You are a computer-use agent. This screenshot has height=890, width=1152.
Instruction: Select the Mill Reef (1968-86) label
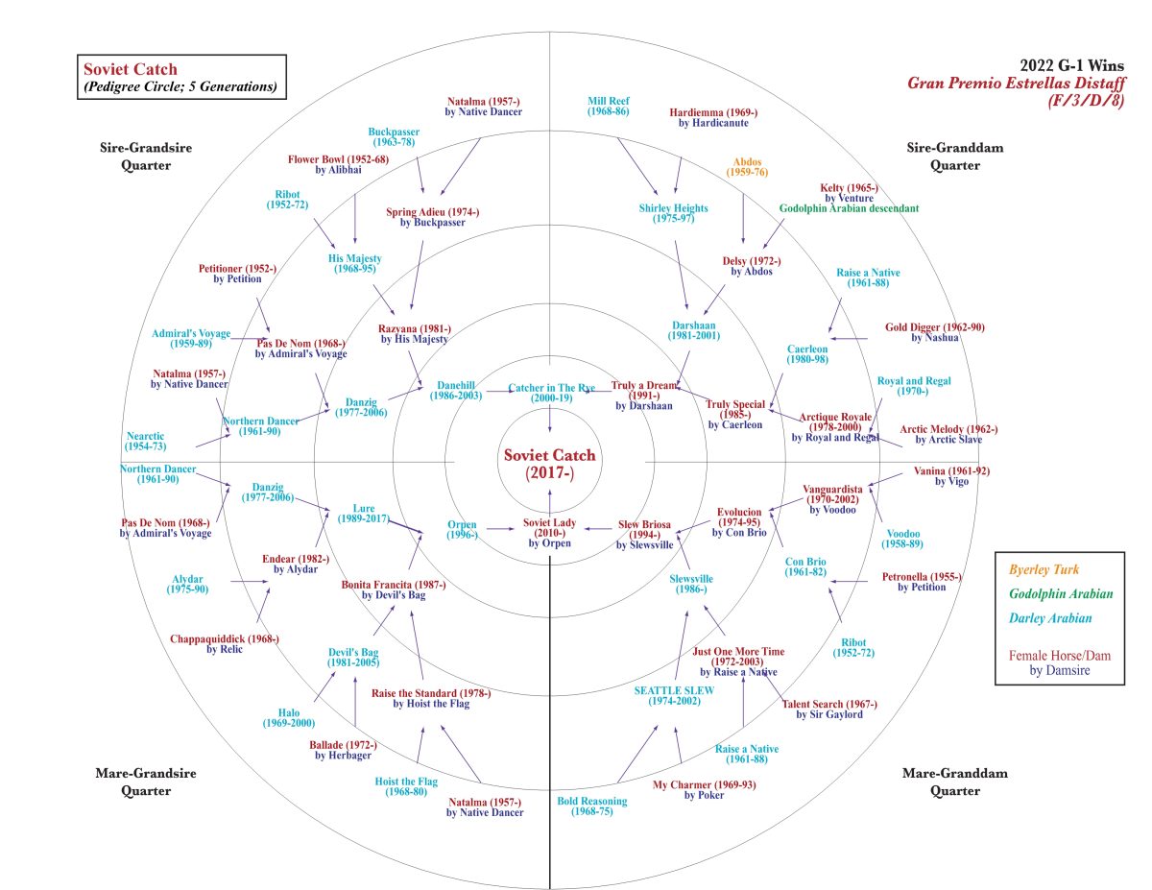click(609, 106)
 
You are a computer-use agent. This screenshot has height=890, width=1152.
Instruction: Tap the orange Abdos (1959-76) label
click(748, 167)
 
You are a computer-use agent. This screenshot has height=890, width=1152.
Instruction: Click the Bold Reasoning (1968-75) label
click(592, 806)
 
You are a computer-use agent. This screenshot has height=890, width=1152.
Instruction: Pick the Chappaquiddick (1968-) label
click(225, 643)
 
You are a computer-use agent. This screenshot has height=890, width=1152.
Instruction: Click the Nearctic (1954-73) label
click(145, 442)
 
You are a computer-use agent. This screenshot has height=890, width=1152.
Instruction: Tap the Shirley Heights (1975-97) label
click(673, 213)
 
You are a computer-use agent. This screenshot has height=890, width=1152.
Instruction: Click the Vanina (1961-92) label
click(949, 476)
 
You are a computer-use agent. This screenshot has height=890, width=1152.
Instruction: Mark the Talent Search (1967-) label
click(829, 709)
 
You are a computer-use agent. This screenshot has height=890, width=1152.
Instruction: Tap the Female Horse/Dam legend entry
click(1059, 655)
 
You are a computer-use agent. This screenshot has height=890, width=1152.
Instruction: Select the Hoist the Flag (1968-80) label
click(406, 787)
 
